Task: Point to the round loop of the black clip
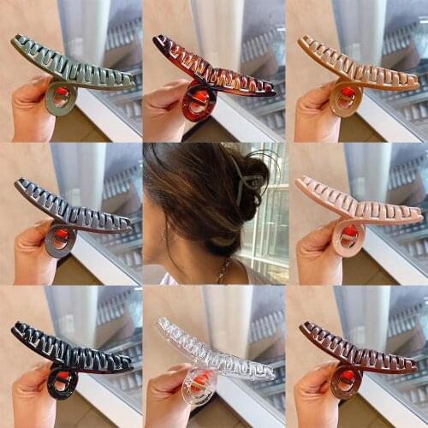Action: pyautogui.click(x=62, y=383)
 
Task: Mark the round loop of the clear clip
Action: pyautogui.click(x=199, y=389)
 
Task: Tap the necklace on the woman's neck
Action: pyautogui.click(x=223, y=272)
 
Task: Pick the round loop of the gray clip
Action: pyautogui.click(x=61, y=241)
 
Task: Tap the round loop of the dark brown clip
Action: pyautogui.click(x=347, y=382)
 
